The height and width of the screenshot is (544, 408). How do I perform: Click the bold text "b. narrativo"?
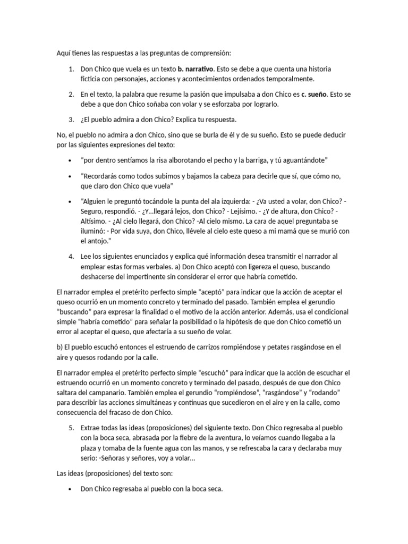(x=195, y=69)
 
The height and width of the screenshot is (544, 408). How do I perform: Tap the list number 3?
(x=71, y=119)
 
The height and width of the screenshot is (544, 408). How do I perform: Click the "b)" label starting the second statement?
(x=59, y=347)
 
